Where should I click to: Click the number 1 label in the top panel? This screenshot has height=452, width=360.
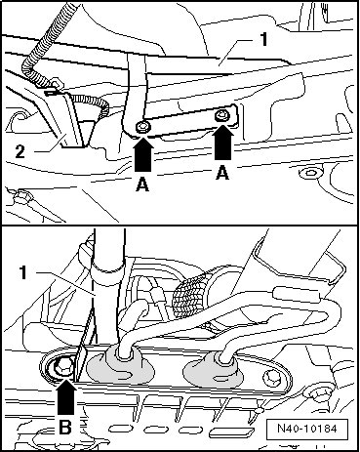[264, 39]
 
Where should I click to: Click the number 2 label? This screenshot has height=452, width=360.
[20, 151]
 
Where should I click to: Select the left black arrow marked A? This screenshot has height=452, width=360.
[143, 153]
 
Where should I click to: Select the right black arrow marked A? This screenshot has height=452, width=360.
[222, 144]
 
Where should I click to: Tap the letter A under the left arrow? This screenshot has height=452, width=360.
[143, 185]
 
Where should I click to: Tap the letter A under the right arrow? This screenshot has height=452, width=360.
[222, 173]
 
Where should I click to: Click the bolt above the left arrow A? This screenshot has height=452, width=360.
[142, 127]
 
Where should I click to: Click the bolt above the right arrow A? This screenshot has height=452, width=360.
[222, 115]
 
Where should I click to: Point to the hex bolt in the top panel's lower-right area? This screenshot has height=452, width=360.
[310, 173]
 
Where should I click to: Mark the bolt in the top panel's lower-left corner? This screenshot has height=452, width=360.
[22, 196]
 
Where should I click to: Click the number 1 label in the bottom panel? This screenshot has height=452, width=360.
[22, 272]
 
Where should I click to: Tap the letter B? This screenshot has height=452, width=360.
[65, 427]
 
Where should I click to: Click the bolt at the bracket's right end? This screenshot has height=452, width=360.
[271, 378]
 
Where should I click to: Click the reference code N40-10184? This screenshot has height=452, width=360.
[306, 428]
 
